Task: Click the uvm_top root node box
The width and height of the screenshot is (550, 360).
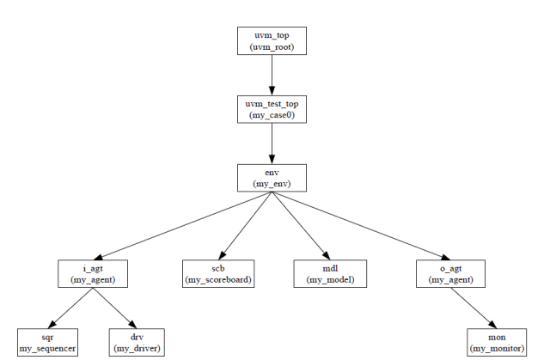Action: (x=272, y=40)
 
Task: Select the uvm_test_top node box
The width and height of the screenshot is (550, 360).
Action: (x=272, y=109)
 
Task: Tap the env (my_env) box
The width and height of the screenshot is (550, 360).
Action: (x=272, y=178)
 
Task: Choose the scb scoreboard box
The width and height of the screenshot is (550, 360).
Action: (x=218, y=273)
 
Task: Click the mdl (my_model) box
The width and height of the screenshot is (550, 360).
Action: (x=331, y=273)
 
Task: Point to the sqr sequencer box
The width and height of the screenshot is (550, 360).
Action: (x=48, y=342)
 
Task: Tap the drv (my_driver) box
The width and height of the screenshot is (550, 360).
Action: (x=137, y=342)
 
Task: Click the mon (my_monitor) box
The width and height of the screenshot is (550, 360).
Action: (x=497, y=342)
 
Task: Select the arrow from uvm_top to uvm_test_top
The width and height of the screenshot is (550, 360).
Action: (x=272, y=75)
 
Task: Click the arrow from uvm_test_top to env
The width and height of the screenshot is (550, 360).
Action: (x=272, y=143)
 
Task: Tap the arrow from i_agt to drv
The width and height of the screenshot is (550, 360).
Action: (x=113, y=307)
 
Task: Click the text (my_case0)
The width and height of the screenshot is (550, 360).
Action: (x=272, y=115)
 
